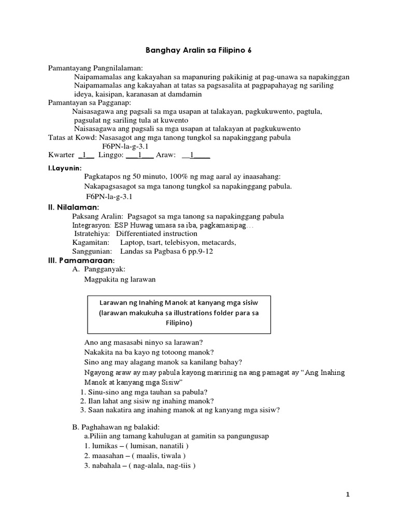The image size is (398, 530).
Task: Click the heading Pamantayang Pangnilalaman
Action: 95,68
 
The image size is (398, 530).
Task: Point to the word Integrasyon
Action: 92,225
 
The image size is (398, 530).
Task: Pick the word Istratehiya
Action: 92,233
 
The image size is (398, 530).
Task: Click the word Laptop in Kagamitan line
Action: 132,242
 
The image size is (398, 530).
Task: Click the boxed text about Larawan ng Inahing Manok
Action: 179,312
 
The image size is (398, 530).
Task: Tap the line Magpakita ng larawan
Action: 120,279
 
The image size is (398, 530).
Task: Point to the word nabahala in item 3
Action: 107,465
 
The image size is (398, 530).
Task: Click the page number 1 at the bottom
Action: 348,495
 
